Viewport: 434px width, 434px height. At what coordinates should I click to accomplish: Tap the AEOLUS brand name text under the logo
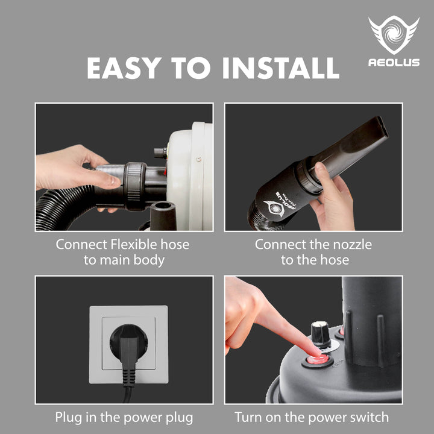click(x=394, y=63)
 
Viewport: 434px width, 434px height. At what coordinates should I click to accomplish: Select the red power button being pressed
click(x=316, y=359)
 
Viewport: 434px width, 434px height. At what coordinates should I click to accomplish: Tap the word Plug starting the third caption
click(x=68, y=417)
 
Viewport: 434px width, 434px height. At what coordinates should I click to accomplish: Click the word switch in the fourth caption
click(x=370, y=417)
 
